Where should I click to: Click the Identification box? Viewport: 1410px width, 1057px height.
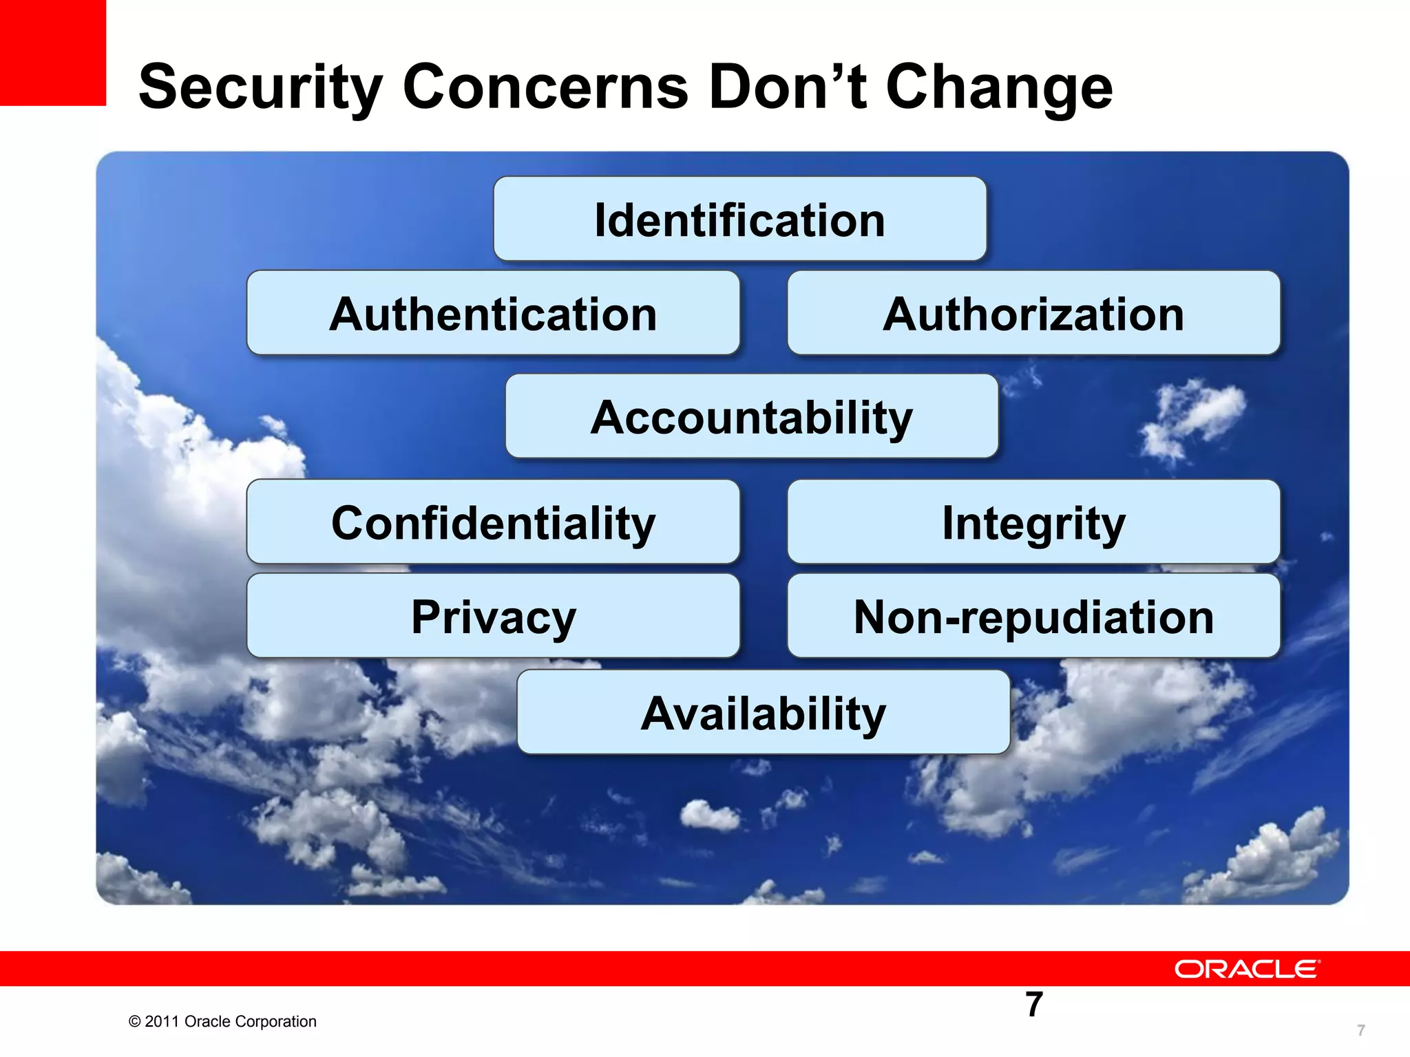(740, 220)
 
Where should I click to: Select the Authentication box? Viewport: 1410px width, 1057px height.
(493, 313)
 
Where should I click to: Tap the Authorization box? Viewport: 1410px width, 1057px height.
(1033, 313)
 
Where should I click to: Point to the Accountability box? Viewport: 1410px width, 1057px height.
(752, 417)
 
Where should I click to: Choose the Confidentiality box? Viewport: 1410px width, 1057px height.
(493, 522)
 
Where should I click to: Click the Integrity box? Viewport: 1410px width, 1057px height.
(1033, 522)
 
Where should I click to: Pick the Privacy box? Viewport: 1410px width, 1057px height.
(493, 616)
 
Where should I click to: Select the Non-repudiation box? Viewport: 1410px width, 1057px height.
(1033, 616)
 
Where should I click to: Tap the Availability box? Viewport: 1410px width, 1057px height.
(764, 713)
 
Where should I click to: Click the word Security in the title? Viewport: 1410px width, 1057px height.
(260, 88)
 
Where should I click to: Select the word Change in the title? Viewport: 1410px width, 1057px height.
(999, 88)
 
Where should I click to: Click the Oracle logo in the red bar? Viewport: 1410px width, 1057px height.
(1247, 969)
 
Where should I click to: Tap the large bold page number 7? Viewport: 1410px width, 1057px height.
(1034, 1004)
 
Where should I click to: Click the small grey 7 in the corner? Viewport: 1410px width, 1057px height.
(1360, 1030)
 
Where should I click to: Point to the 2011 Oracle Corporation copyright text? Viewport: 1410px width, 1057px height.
(222, 1021)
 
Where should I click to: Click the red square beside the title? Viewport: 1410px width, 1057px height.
(52, 52)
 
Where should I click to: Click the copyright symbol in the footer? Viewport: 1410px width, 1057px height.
(134, 1022)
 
